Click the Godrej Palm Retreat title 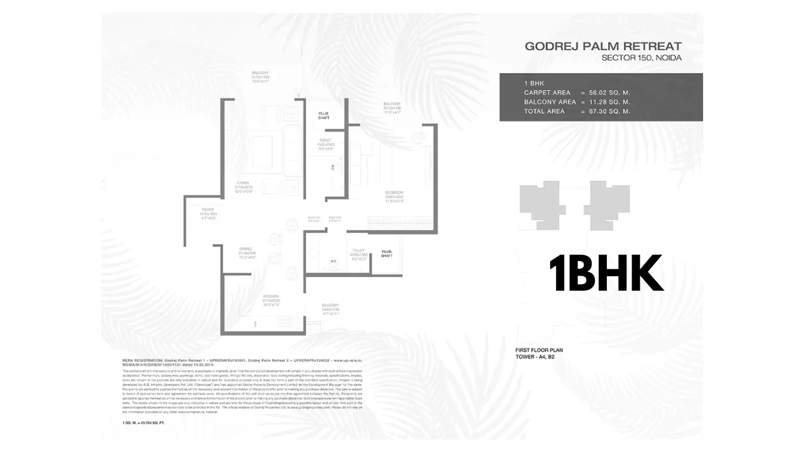pyautogui.click(x=603, y=46)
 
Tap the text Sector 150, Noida pyautogui.click(x=641, y=58)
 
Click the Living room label pyautogui.click(x=243, y=183)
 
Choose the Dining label pyautogui.click(x=245, y=249)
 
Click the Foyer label pyautogui.click(x=208, y=210)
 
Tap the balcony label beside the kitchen pyautogui.click(x=330, y=305)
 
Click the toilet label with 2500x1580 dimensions pyautogui.click(x=359, y=250)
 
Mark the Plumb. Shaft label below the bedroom pyautogui.click(x=387, y=254)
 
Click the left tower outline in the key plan pyautogui.click(x=538, y=202)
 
